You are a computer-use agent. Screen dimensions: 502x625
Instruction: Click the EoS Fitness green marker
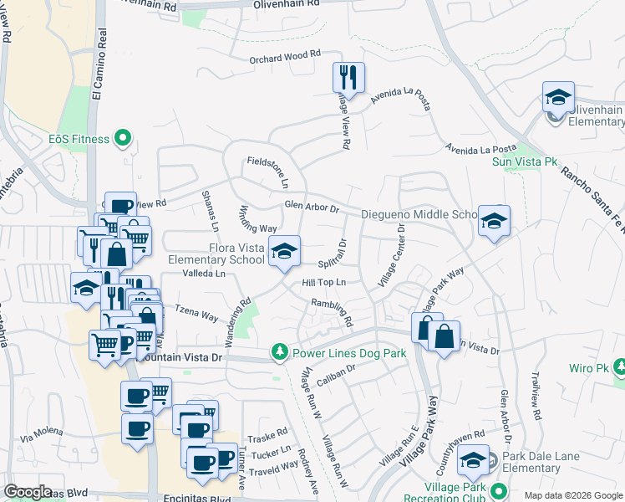tap(124, 137)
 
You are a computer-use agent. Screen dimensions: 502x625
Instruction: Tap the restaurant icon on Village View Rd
tap(348, 78)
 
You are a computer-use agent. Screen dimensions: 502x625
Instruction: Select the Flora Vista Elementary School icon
tap(284, 250)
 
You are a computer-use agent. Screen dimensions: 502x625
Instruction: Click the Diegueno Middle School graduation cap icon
tap(494, 220)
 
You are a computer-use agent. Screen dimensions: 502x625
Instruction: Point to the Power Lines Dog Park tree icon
tap(282, 353)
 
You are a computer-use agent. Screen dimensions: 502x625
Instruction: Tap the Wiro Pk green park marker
tap(620, 367)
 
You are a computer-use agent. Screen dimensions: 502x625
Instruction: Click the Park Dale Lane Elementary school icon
tap(475, 459)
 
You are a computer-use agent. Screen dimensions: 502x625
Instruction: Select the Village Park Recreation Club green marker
tap(499, 491)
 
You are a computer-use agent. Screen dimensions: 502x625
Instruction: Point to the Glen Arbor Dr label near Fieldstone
tap(311, 207)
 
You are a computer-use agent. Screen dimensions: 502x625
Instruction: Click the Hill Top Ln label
tap(324, 283)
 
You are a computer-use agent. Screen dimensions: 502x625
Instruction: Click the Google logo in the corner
tap(28, 491)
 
